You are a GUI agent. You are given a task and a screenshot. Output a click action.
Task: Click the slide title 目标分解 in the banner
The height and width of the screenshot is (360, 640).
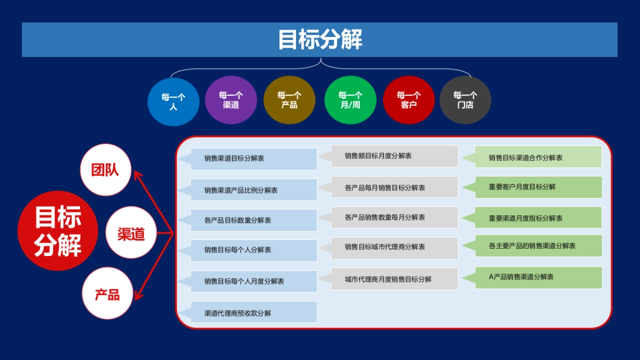(x=319, y=40)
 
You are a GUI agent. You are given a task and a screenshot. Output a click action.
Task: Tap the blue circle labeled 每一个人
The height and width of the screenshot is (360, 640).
(x=173, y=101)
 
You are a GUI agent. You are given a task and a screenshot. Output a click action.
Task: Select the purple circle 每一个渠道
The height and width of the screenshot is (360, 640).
(x=231, y=100)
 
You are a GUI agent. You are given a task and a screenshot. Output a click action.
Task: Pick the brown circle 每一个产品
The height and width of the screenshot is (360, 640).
(x=290, y=100)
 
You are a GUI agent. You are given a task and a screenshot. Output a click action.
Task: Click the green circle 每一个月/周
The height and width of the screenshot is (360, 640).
(x=350, y=100)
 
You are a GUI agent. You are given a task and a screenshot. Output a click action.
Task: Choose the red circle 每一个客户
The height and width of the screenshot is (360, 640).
(x=409, y=100)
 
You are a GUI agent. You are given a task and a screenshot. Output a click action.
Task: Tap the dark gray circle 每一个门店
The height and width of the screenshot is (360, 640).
(x=465, y=100)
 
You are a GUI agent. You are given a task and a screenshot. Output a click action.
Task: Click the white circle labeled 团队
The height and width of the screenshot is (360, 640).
(x=105, y=170)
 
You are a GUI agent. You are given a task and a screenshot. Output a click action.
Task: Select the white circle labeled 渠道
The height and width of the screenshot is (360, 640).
(x=131, y=233)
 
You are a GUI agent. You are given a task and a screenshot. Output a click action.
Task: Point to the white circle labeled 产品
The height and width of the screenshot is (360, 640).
(x=107, y=294)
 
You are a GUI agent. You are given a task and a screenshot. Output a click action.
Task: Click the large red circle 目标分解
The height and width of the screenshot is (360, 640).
(x=58, y=231)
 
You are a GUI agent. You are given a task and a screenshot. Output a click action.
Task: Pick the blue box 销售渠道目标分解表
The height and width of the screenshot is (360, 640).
(x=253, y=159)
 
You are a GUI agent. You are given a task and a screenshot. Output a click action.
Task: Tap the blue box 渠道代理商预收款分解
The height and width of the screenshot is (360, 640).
(x=253, y=313)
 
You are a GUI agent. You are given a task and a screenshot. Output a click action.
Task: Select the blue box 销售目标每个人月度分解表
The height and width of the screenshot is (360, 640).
(x=253, y=281)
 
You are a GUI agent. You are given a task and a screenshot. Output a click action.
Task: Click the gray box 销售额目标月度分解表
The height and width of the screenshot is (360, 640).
(x=394, y=156)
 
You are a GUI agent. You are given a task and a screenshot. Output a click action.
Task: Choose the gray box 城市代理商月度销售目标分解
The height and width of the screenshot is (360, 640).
(x=394, y=279)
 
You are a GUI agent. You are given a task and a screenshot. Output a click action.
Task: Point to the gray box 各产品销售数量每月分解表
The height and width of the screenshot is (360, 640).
(x=394, y=218)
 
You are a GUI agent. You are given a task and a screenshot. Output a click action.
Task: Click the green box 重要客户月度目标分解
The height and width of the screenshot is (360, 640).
(x=538, y=187)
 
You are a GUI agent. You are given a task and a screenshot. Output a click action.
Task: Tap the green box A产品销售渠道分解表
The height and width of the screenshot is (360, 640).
(x=538, y=277)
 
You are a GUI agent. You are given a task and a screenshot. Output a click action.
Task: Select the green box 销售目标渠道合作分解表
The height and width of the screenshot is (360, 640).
(x=538, y=157)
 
